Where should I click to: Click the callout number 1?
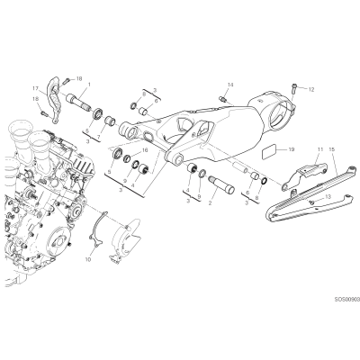89,85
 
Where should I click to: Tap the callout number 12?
311,89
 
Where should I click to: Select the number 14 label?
230,85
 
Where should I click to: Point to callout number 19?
292,149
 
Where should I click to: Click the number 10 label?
88,259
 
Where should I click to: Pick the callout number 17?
36,88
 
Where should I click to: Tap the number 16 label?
145,150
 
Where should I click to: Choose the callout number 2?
210,203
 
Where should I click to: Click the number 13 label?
328,196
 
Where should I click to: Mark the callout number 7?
100,130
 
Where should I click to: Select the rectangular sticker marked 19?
269,152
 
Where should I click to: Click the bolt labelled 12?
293,89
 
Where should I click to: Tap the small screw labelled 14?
223,98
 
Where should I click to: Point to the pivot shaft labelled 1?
78,102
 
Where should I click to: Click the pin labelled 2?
221,184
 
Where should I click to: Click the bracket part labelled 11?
303,175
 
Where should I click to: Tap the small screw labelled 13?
313,202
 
